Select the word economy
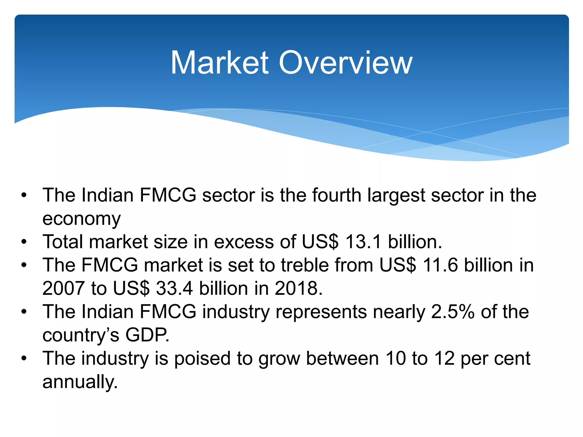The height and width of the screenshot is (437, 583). pos(81,219)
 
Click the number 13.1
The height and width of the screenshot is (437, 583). pos(363,242)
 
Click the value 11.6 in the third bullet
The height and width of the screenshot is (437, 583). pos(440,265)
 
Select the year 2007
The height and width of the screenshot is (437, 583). pos(63,289)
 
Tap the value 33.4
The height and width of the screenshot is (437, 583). pos(174,289)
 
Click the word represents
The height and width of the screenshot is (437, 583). pos(321,312)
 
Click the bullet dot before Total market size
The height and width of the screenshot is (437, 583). pos(24,242)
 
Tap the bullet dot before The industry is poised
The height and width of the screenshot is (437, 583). pos(24,359)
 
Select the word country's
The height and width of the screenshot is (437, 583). pos(81,335)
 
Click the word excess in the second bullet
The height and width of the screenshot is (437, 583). pos(244,242)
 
